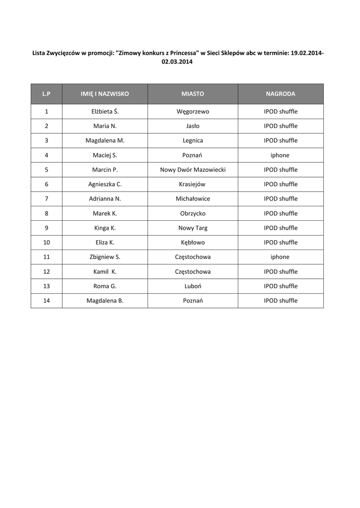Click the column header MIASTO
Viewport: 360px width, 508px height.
(x=193, y=94)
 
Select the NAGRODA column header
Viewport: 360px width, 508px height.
(x=281, y=94)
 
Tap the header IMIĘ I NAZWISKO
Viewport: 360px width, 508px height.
(x=105, y=94)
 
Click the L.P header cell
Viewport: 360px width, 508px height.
(x=46, y=94)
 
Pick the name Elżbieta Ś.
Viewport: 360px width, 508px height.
(x=105, y=112)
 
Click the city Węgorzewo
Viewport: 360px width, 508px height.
(x=193, y=112)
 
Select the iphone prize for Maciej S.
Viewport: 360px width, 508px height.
(x=280, y=155)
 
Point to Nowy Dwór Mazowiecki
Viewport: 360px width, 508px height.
(x=193, y=170)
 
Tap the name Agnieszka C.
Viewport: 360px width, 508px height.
(x=105, y=184)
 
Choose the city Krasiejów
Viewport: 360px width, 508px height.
(x=193, y=184)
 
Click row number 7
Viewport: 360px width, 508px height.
(x=46, y=198)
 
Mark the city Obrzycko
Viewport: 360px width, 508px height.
(x=193, y=213)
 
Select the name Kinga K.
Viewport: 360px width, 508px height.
(x=105, y=228)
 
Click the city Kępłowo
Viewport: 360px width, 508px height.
(x=193, y=243)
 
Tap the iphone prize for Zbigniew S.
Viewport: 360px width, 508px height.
(x=280, y=257)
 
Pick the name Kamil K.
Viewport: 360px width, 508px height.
(x=105, y=272)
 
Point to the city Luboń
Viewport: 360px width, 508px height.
(x=193, y=286)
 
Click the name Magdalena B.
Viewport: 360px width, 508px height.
(x=105, y=301)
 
